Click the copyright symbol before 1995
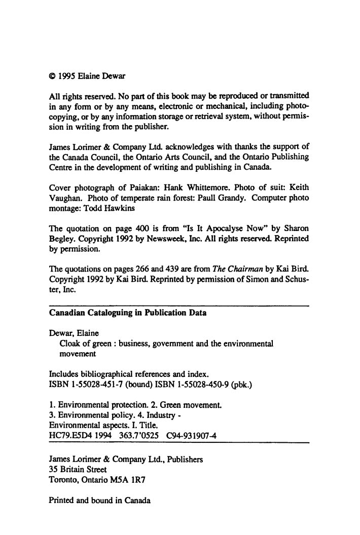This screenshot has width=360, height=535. click(52, 77)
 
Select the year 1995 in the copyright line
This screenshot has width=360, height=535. click(67, 77)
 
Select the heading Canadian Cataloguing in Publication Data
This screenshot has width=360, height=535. click(128, 313)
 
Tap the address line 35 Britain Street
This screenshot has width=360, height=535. click(78, 469)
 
